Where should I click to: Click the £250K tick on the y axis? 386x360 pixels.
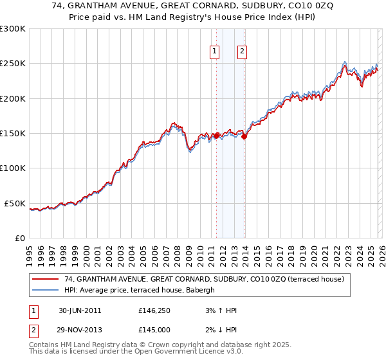click(13, 64)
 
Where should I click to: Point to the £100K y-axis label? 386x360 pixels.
click(13, 168)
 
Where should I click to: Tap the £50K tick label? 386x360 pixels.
click(15, 203)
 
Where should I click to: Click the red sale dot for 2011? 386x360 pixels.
click(216, 136)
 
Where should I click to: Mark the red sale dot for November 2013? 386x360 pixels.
click(244, 136)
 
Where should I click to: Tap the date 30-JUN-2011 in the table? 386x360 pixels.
click(80, 310)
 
